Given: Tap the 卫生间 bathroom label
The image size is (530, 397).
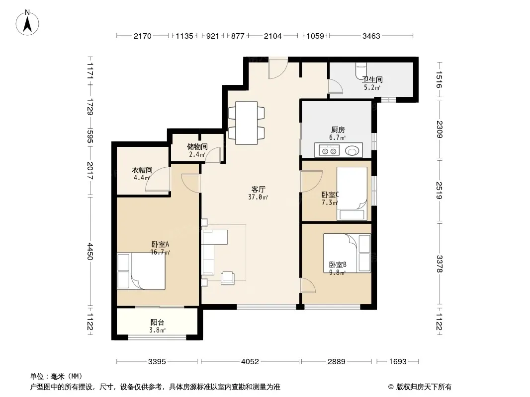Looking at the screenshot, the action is (372, 79).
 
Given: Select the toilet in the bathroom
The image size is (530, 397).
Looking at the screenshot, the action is (361, 71).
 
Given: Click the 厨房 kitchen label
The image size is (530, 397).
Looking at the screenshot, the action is (338, 130).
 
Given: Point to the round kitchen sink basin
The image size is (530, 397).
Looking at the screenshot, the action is (352, 150).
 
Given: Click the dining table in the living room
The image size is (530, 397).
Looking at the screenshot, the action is (247, 123).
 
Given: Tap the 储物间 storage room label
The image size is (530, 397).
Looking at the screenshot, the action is (197, 147).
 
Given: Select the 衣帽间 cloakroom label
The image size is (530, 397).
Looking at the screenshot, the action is (142, 170).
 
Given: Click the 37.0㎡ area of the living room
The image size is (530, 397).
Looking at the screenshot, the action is (258, 198).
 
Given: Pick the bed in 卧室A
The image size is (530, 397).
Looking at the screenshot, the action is (141, 271).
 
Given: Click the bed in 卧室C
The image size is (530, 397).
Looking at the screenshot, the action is (352, 194).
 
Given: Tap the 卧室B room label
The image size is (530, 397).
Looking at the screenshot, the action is (338, 265).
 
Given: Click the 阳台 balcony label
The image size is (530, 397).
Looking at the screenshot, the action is (157, 323).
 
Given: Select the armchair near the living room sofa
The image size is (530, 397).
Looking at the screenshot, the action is (228, 278).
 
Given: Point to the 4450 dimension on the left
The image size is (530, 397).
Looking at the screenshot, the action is (90, 251).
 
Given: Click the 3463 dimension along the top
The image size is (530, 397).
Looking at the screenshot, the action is (371, 36).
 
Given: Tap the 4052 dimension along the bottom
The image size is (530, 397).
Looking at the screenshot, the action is (250, 362).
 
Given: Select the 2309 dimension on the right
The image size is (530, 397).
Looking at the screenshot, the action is (439, 129).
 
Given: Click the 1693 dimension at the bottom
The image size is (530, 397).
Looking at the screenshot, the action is (398, 362).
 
